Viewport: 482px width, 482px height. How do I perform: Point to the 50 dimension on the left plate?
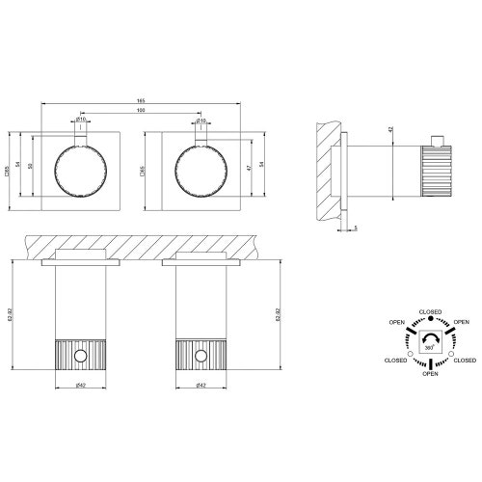pyautogui.click(x=30, y=167)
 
